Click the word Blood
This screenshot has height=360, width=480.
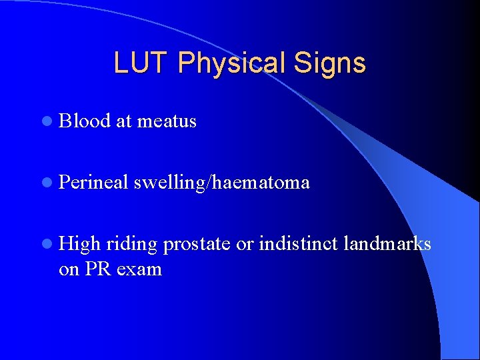pyautogui.click(x=85, y=121)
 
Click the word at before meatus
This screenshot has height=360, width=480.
pyautogui.click(x=124, y=121)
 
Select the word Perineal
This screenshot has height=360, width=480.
pyautogui.click(x=93, y=182)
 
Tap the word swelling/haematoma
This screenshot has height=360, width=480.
pyautogui.click(x=221, y=182)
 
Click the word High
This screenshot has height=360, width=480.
pyautogui.click(x=79, y=245)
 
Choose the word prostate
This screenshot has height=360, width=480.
pyautogui.click(x=197, y=245)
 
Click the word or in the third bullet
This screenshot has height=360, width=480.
pyautogui.click(x=245, y=245)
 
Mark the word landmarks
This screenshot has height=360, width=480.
pyautogui.click(x=387, y=245)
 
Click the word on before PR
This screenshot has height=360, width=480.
pyautogui.click(x=69, y=269)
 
